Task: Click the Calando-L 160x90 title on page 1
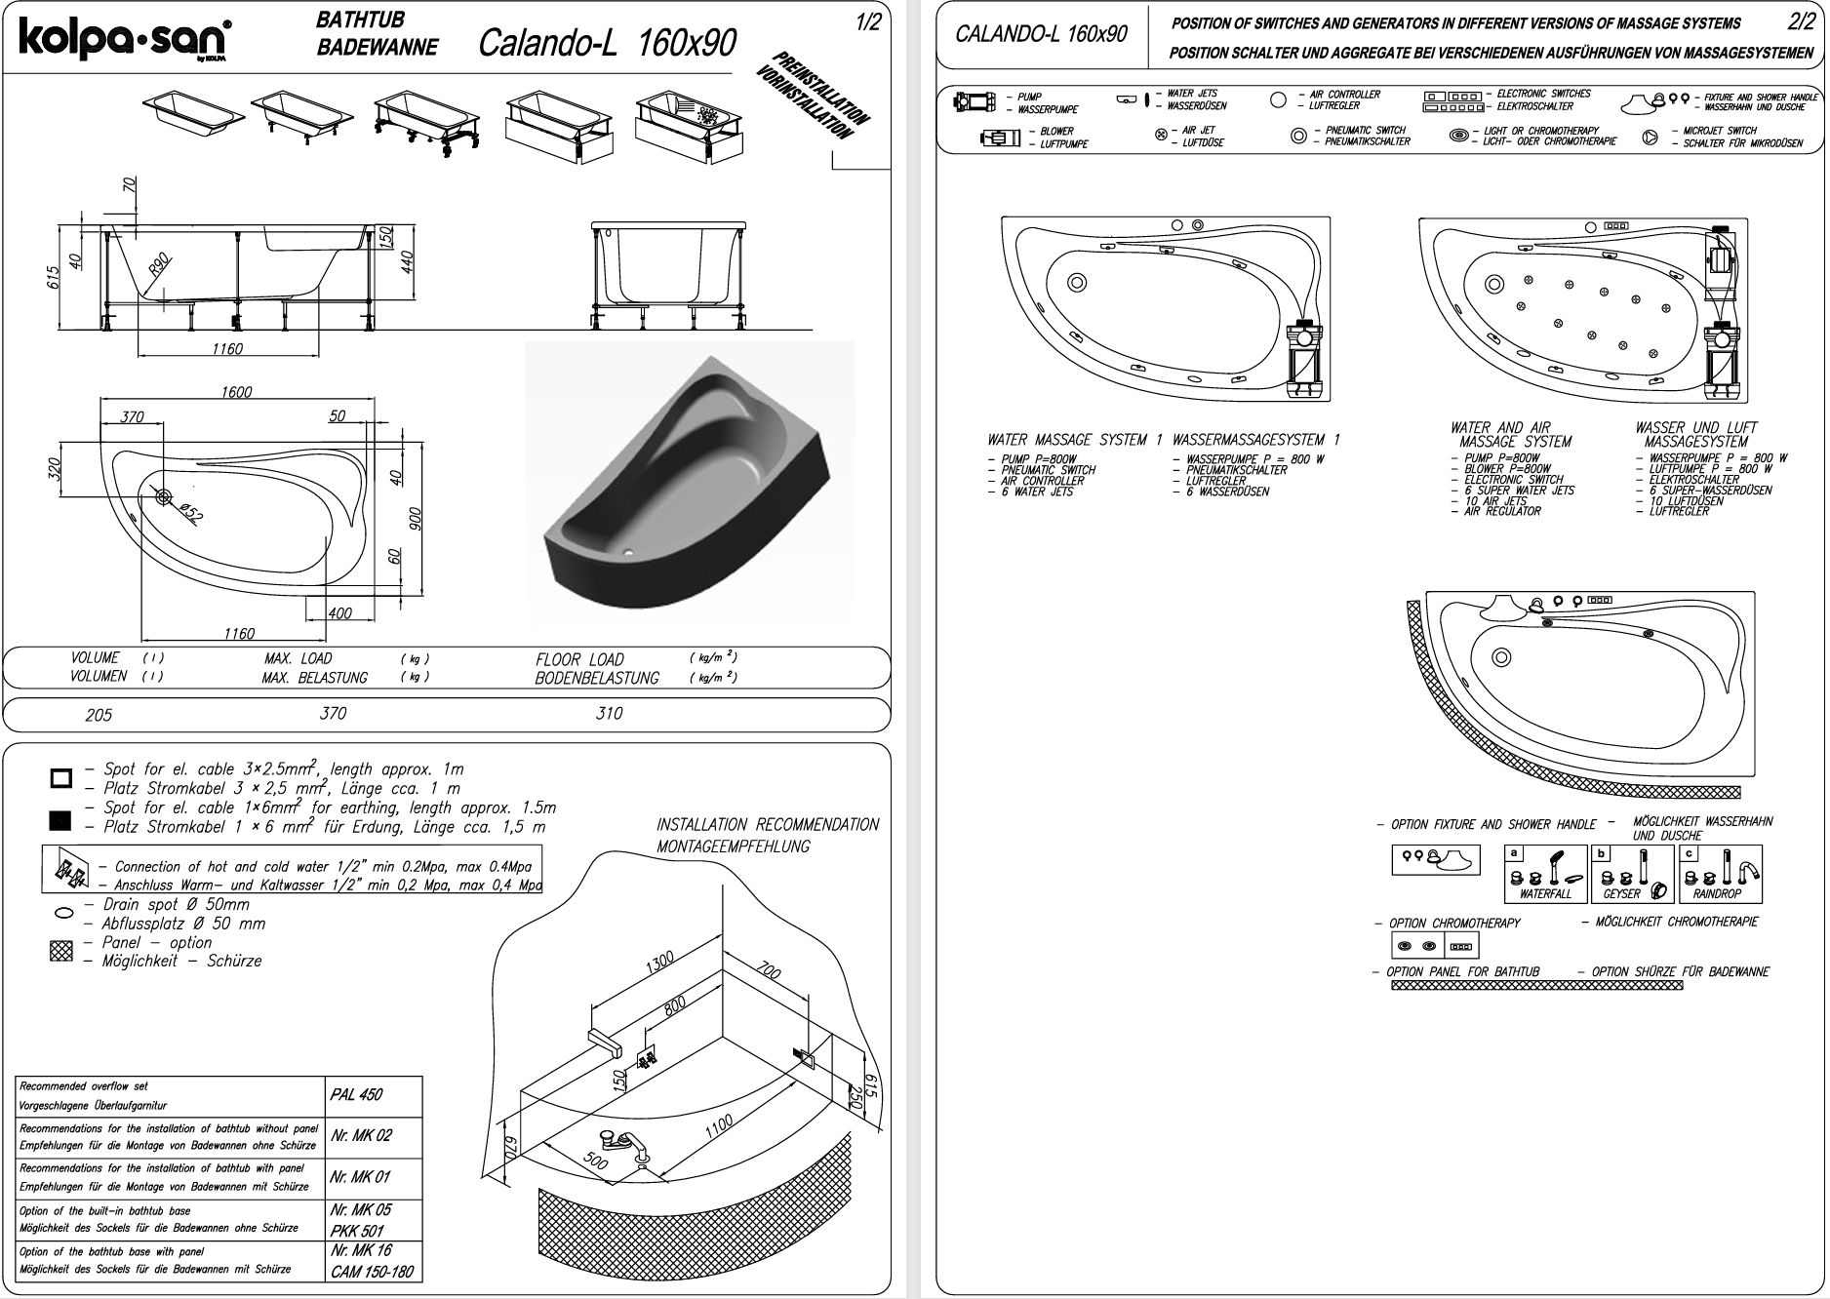tap(607, 43)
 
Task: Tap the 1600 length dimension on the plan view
tap(236, 392)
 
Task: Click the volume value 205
tap(99, 715)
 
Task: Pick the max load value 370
tap(333, 714)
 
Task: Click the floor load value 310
tap(609, 714)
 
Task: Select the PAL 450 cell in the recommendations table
tap(356, 1094)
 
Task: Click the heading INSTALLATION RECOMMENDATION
tap(768, 825)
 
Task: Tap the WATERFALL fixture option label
tap(1545, 894)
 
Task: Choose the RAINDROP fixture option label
tap(1717, 894)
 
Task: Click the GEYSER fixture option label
tap(1621, 894)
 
